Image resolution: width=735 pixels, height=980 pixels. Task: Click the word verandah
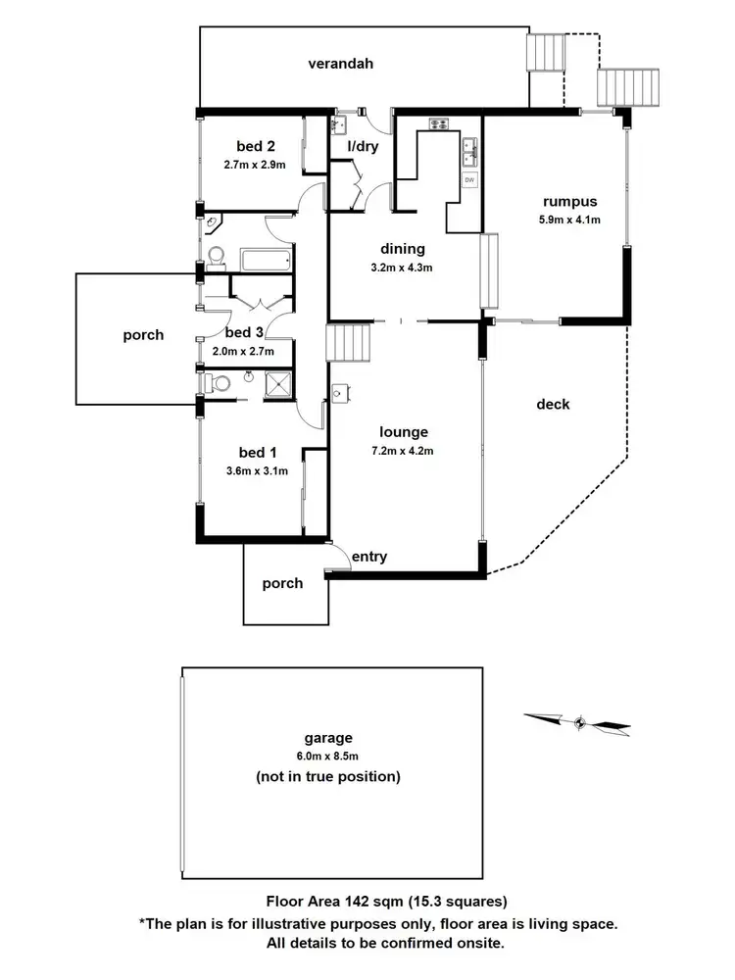coord(341,65)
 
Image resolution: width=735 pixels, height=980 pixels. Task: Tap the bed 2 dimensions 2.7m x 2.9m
coord(255,166)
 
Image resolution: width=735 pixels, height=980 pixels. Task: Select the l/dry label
coord(363,147)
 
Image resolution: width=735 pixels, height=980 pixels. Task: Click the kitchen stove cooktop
coord(437,123)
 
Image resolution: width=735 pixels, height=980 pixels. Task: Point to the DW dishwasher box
coord(469,180)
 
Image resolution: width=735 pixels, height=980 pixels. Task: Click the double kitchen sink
coord(469,148)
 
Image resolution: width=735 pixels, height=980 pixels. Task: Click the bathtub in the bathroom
coord(265,261)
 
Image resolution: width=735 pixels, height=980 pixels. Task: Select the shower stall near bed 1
coord(279,385)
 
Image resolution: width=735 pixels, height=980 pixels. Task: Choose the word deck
coord(553,404)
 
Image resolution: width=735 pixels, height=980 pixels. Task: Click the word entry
coord(369,557)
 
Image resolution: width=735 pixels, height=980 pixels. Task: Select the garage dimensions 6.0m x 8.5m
coord(327,758)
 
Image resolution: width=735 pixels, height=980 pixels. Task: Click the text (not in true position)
coord(327,777)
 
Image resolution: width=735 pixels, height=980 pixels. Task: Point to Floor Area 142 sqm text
coord(386,900)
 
